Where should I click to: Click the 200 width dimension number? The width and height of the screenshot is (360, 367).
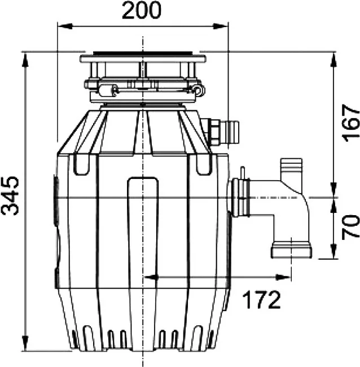[x=142, y=10]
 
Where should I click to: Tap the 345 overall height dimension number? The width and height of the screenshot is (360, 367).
[x=10, y=196]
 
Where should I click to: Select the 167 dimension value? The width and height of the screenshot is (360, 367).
[x=350, y=123]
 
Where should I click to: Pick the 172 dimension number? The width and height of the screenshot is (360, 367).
[x=261, y=300]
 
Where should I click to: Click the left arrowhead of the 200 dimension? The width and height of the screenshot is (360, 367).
[x=64, y=26]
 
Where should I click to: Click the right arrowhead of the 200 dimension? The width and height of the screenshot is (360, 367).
[x=221, y=26]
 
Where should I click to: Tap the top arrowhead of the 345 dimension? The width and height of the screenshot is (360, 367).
[x=25, y=60]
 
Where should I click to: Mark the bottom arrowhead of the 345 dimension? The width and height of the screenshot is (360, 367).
[x=25, y=343]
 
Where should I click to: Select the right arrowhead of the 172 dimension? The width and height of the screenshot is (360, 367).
[x=283, y=278]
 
